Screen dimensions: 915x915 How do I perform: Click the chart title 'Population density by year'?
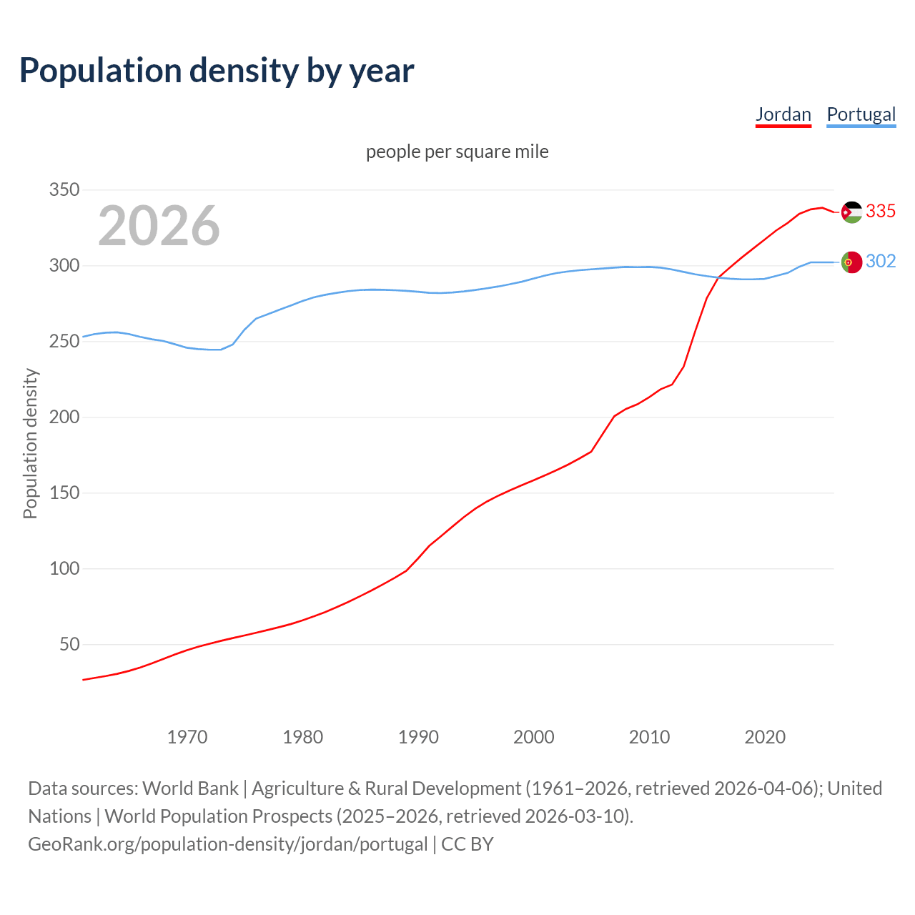(217, 71)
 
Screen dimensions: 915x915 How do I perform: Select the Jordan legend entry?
(783, 114)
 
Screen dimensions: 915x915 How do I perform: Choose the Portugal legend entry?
(861, 114)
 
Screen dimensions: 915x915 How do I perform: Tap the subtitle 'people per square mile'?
(457, 152)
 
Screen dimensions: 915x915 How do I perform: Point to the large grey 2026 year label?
(159, 226)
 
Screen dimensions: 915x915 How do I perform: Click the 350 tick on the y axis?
(64, 190)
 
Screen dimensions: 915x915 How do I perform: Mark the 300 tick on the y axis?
(64, 266)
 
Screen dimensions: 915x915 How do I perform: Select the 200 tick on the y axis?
(64, 417)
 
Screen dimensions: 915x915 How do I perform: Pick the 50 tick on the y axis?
(69, 645)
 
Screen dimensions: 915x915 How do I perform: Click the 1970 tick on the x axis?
(187, 737)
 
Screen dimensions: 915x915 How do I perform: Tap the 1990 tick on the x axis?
(418, 737)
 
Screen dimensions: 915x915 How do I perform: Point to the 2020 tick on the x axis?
(765, 737)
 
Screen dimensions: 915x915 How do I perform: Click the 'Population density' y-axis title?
(30, 443)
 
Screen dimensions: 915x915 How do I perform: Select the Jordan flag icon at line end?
(851, 212)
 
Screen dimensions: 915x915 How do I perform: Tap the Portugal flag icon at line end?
(851, 262)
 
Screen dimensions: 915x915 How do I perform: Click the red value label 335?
(881, 212)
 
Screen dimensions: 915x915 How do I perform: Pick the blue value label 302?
(881, 262)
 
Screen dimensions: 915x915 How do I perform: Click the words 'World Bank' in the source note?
(190, 788)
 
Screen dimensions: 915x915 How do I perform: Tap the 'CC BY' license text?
(468, 844)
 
